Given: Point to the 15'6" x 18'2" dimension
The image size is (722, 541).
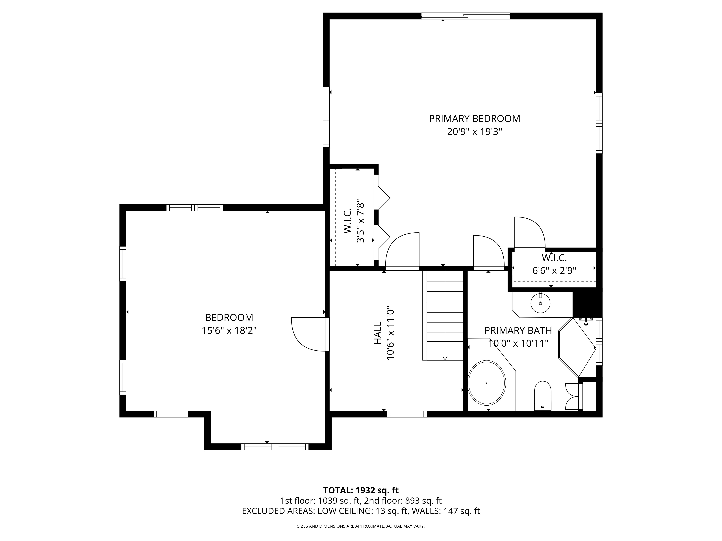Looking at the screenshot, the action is click(229, 331).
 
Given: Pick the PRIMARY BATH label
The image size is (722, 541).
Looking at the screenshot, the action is click(518, 331).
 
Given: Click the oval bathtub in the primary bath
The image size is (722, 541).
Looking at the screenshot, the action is click(487, 383).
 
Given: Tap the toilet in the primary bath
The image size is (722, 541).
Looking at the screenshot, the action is click(542, 396).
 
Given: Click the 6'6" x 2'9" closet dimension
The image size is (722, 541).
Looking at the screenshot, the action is click(554, 271).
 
